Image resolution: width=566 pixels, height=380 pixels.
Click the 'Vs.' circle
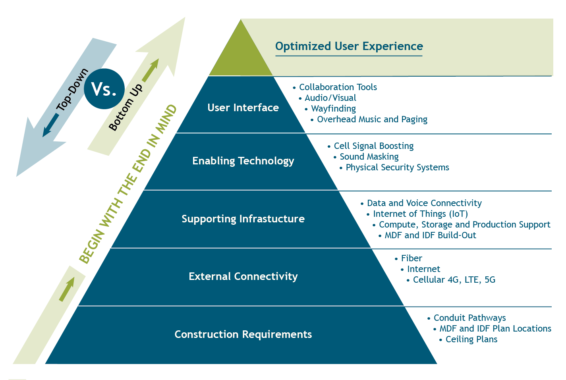tap(104, 89)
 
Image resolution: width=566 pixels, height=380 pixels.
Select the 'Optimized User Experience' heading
tap(349, 46)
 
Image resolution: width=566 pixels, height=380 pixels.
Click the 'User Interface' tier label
tap(243, 108)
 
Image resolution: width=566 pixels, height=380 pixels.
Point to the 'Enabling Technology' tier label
tap(243, 161)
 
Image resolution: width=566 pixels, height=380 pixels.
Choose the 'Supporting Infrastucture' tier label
tap(243, 219)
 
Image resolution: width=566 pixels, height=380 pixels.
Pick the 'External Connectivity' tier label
tap(243, 276)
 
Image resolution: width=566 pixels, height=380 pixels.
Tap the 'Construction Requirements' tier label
tap(243, 334)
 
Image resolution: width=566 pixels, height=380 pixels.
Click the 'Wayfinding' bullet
tap(333, 109)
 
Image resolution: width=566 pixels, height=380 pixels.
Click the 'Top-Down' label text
tap(72, 90)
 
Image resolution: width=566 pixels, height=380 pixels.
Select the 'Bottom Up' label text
tap(126, 107)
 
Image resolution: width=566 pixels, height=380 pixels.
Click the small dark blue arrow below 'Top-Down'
tap(50, 125)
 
